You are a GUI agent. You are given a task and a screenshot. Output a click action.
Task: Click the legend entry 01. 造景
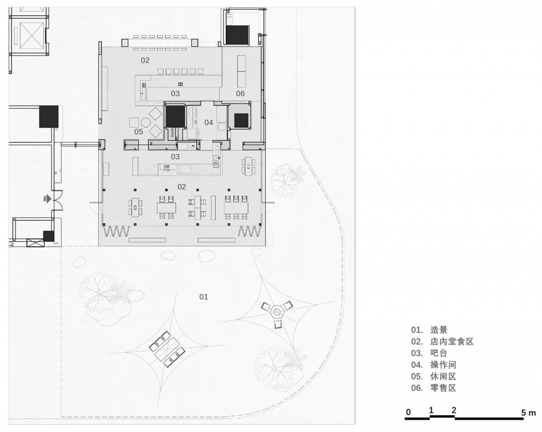coord(429,330)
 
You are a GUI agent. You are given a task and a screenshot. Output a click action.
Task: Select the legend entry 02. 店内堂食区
coord(442,342)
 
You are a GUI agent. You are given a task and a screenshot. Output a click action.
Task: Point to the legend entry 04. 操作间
coord(434,365)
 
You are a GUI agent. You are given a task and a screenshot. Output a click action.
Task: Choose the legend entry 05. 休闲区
coord(434,376)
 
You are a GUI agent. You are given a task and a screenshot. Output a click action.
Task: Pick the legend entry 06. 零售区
coord(434,388)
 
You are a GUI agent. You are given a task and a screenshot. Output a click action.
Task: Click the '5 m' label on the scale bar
coord(528,412)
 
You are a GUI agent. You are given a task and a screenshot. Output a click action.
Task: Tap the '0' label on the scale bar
coord(408,412)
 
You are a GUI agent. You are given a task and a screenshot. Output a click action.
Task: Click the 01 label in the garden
coord(204,296)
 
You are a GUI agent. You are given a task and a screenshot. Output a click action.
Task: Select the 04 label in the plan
coord(208,123)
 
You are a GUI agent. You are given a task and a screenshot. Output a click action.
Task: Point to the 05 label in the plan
coord(139,132)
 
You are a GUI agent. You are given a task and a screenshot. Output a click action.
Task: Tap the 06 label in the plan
coord(241,93)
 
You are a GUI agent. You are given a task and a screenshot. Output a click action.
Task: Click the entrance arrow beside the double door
coord(47,199)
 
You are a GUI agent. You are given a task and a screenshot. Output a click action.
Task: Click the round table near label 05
coord(146,123)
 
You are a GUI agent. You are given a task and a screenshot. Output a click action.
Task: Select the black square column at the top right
coord(238,35)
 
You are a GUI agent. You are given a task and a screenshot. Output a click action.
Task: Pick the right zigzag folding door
coord(249,231)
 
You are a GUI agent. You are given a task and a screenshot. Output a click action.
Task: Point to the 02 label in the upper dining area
coord(145,60)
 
